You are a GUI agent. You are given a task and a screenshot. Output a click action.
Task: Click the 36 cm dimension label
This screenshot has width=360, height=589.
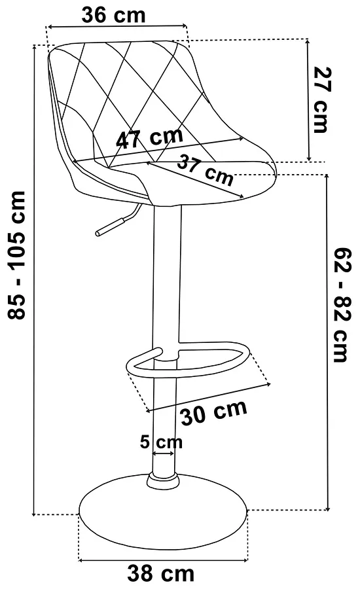click(x=113, y=16)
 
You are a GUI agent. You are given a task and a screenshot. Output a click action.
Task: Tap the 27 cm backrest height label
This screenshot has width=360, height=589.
click(x=322, y=100)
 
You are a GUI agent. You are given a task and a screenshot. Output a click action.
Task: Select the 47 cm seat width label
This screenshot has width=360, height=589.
click(x=149, y=137)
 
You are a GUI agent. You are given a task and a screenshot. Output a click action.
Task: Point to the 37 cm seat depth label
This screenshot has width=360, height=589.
click(x=206, y=170)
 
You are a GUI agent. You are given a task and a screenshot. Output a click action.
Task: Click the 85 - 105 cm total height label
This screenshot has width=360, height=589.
click(x=17, y=255)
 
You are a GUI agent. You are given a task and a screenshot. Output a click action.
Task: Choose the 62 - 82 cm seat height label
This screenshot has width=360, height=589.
click(x=342, y=304)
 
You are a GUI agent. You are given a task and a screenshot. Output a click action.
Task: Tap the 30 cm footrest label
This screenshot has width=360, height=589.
click(x=214, y=412)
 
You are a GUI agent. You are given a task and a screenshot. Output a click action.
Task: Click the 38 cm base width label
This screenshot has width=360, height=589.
click(x=161, y=573)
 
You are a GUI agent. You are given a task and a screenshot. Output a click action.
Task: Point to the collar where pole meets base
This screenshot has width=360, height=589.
click(x=164, y=480)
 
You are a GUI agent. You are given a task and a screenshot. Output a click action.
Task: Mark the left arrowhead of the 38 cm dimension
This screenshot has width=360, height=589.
click(x=81, y=560)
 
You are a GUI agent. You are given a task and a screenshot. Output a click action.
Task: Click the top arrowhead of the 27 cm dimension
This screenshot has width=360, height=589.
click(x=308, y=41)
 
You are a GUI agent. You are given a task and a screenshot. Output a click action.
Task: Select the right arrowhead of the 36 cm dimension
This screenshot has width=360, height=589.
click(x=184, y=26)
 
